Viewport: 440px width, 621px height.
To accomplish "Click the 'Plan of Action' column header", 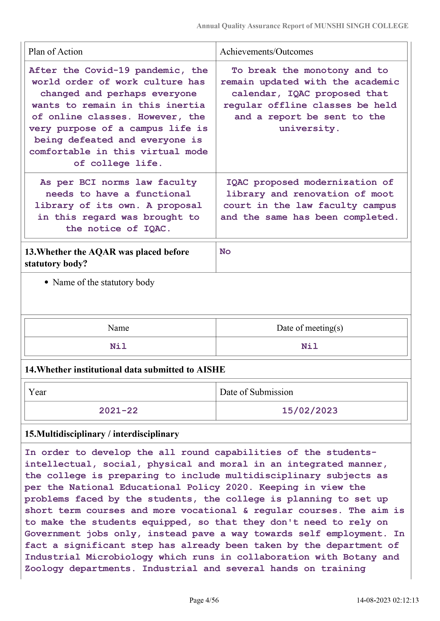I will pos(56,52).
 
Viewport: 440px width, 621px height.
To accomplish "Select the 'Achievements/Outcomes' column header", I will pos(266,52).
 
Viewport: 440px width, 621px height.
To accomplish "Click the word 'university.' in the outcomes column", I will pos(309,129).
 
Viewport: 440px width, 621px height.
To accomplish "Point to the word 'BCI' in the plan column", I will pos(87,182).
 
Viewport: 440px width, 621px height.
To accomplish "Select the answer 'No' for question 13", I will pos(225,252).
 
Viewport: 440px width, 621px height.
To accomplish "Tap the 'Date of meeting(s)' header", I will pos(310,328).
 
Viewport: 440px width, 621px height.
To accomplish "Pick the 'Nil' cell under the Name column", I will pos(118,346).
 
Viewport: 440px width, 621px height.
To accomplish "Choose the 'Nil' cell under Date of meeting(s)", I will pos(309,346).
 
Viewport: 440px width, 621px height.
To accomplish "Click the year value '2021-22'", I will pos(118,411).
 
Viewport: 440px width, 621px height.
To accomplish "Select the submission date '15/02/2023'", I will pos(310,411).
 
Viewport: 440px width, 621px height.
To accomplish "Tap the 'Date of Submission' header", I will pos(256,392).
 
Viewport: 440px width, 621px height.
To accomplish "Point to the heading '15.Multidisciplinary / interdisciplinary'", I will pos(102,434).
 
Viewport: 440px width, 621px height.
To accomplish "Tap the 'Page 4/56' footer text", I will pos(204,600).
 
